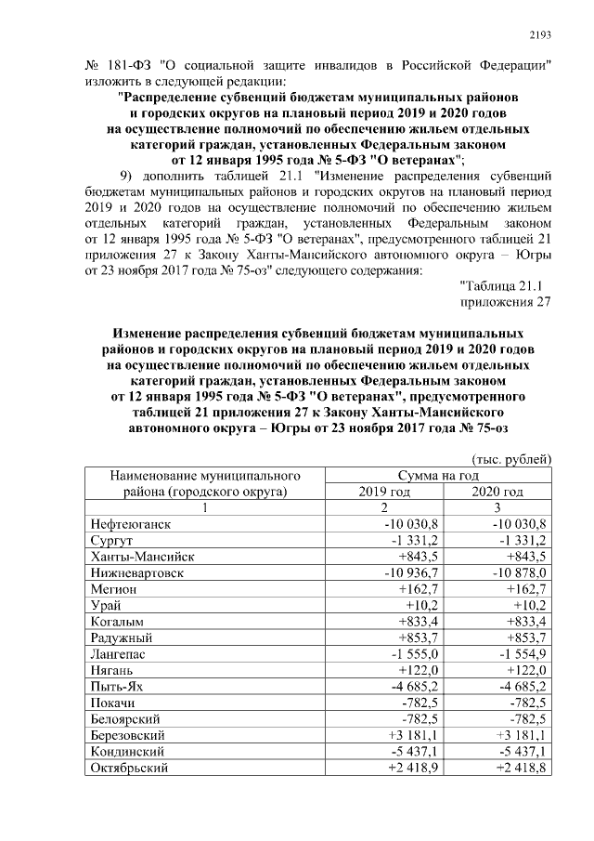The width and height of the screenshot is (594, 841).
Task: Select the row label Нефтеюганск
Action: [x=131, y=524]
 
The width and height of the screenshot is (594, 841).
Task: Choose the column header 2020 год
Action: [x=497, y=492]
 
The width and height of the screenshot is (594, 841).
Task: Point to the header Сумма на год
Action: [x=440, y=475]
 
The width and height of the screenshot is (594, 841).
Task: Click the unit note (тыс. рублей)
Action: [x=512, y=458]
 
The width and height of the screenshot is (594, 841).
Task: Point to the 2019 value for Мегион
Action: [x=400, y=589]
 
